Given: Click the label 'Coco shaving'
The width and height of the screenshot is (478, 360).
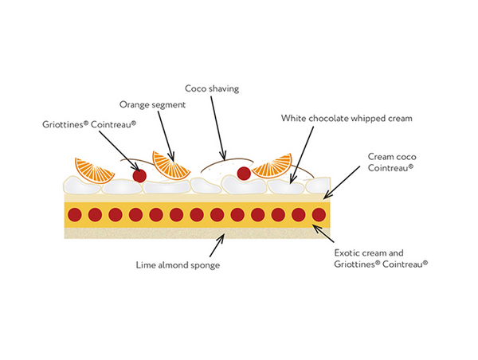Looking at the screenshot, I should click(x=213, y=88).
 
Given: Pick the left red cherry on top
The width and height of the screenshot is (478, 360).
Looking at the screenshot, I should click(x=139, y=175).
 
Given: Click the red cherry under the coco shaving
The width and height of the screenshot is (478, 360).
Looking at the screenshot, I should click(x=244, y=172).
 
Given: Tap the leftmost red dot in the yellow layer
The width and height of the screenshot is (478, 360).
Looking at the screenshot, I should click(x=75, y=214).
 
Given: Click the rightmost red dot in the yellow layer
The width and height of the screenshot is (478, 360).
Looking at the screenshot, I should click(x=319, y=214).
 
